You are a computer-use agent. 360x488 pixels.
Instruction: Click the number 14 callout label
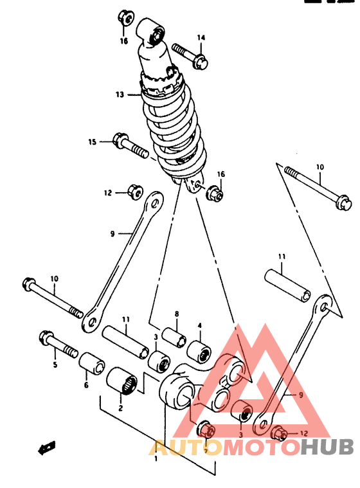pyautogui.click(x=201, y=38)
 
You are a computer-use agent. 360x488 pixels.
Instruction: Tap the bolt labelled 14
pyautogui.click(x=190, y=56)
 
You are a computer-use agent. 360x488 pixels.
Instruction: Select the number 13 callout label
pyautogui.click(x=120, y=95)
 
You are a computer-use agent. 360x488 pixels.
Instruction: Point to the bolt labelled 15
pyautogui.click(x=130, y=145)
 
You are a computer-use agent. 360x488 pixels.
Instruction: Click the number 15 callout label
pyautogui.click(x=92, y=142)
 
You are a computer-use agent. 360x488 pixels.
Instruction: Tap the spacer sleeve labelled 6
pyautogui.click(x=92, y=363)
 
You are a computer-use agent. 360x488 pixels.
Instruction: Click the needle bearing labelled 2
pyautogui.click(x=122, y=381)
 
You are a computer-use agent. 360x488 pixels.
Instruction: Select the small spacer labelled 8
pyautogui.click(x=175, y=337)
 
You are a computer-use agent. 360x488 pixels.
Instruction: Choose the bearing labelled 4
pyautogui.click(x=199, y=352)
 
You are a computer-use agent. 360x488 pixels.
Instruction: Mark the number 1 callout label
pyautogui.click(x=156, y=458)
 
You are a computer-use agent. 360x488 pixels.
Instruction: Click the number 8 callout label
pyautogui.click(x=177, y=314)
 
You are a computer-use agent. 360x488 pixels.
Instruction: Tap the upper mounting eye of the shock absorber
pyautogui.click(x=151, y=32)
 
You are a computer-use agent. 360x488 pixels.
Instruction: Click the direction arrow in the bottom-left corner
pyautogui.click(x=47, y=448)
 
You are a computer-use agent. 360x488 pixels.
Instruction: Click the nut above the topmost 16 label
pyautogui.click(x=126, y=18)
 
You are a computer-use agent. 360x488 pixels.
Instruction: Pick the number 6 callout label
pyautogui.click(x=86, y=385)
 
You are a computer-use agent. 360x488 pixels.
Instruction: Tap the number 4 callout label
pyautogui.click(x=199, y=326)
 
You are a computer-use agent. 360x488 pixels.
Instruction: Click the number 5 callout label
pyautogui.click(x=55, y=365)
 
